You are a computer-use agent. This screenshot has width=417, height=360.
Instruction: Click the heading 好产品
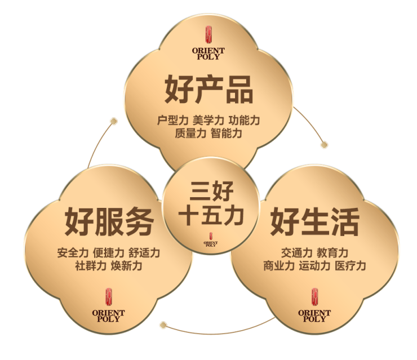[208, 90]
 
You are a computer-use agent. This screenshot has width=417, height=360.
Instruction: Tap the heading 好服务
[109, 221]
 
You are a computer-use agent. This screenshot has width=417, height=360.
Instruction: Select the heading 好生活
[314, 221]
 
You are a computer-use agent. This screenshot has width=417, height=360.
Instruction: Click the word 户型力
[172, 121]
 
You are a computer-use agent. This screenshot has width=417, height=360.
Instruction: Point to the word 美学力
[208, 121]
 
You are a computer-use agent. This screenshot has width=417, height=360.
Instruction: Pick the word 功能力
[244, 121]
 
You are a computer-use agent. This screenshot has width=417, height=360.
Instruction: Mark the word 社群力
[90, 265]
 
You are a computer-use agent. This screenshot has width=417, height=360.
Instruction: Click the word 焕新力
[127, 265]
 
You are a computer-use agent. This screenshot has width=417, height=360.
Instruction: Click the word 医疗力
[351, 265]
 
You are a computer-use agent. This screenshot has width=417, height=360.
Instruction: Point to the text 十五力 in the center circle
[210, 216]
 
